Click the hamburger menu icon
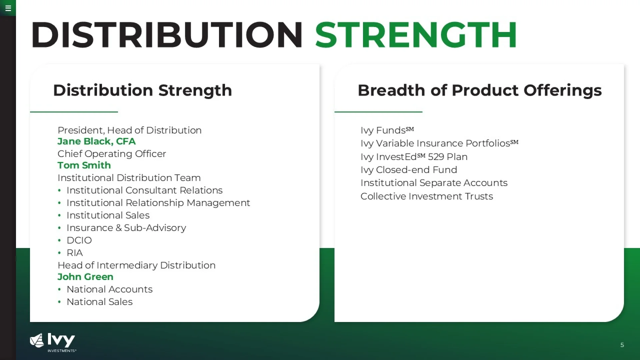[8, 8]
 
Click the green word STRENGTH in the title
[416, 35]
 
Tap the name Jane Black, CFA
[97, 141]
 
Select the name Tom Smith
[84, 165]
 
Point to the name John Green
[85, 277]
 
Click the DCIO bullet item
[79, 240]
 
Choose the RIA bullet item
[75, 253]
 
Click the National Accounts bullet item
[110, 289]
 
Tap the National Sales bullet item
[100, 302]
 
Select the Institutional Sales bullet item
[108, 215]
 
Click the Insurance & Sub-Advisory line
[126, 228]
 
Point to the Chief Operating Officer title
[112, 154]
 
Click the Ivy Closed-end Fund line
[409, 170]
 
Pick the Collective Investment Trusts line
[427, 196]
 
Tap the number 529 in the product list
[436, 157]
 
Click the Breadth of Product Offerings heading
[480, 90]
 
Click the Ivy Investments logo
[53, 342]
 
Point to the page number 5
[622, 345]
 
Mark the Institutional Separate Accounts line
[434, 183]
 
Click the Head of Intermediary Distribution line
[136, 265]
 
